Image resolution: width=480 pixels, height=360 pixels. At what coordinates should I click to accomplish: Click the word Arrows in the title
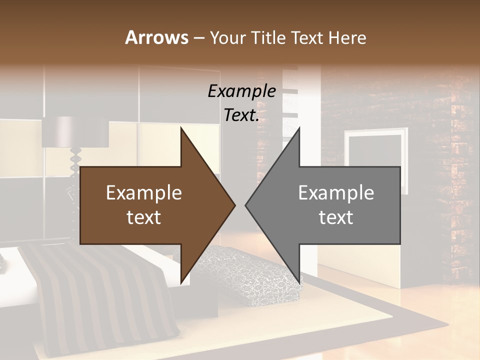point(156,38)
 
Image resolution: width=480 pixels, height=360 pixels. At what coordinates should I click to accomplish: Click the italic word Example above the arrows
point(242,91)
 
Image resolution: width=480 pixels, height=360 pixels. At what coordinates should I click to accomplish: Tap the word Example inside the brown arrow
point(144,193)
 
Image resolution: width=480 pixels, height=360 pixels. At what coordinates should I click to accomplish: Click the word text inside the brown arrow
point(144,217)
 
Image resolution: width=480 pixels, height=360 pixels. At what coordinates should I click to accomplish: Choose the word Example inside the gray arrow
point(336,193)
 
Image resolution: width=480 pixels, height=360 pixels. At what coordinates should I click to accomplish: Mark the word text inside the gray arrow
point(336,217)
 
